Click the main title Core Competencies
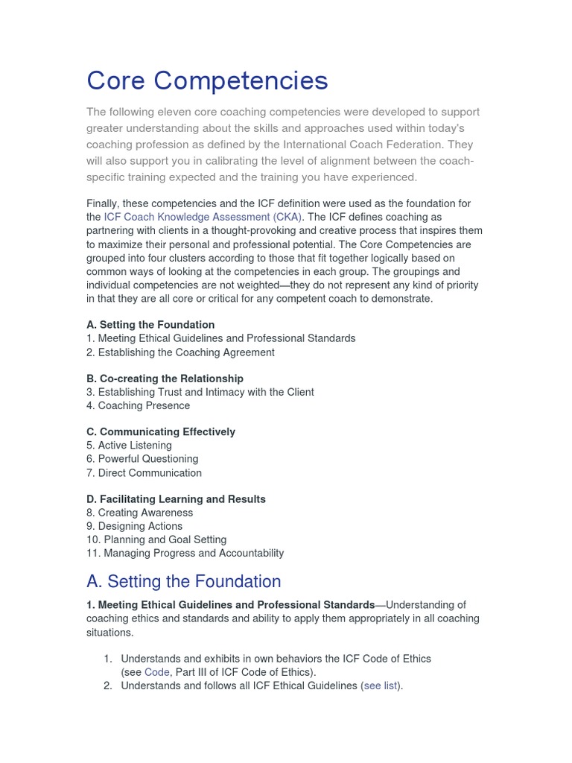[x=207, y=80]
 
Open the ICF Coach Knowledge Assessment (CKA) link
[x=203, y=217]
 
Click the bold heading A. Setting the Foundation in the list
[x=150, y=325]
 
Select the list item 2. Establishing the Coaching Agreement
[x=180, y=352]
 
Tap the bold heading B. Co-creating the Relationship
[x=165, y=379]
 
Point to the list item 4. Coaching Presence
[x=138, y=406]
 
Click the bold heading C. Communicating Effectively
[x=160, y=432]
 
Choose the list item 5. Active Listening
[x=129, y=446]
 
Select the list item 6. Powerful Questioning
[x=142, y=459]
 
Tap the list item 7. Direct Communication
[x=144, y=473]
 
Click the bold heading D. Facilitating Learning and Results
[x=176, y=499]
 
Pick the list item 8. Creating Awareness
[x=139, y=513]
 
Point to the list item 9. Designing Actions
[x=134, y=526]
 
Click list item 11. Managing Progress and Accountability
[x=185, y=553]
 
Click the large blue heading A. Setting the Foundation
[x=183, y=582]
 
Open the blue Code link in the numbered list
[x=157, y=672]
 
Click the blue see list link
[x=381, y=686]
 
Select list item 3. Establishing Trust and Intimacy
[x=200, y=392]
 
